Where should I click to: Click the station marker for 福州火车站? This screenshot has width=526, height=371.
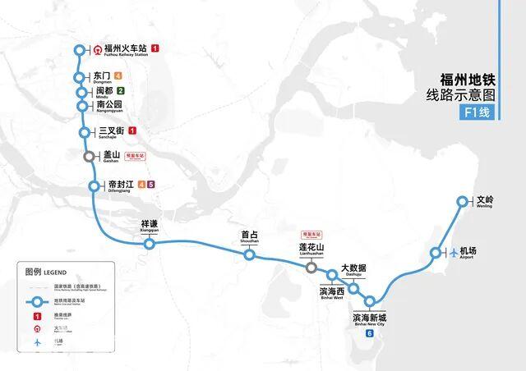pyautogui.click(x=79, y=49)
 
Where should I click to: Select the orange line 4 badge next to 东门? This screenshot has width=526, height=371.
pyautogui.click(x=119, y=76)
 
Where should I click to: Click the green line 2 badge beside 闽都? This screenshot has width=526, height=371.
pyautogui.click(x=120, y=91)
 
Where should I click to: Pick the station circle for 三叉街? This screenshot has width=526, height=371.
pyautogui.click(x=85, y=132)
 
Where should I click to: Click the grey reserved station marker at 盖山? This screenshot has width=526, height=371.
pyautogui.click(x=88, y=156)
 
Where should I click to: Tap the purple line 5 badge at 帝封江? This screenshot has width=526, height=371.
pyautogui.click(x=151, y=184)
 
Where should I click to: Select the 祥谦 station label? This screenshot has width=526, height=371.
pyautogui.click(x=149, y=224)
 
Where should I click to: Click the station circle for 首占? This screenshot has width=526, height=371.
pyautogui.click(x=249, y=255)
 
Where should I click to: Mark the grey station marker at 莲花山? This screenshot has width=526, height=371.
pyautogui.click(x=311, y=267)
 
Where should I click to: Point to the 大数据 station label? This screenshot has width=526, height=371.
pyautogui.click(x=353, y=268)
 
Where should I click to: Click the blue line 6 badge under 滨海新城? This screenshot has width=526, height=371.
pyautogui.click(x=370, y=332)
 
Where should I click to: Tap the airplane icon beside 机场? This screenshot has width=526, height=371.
pyautogui.click(x=452, y=251)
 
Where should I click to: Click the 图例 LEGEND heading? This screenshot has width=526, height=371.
pyautogui.click(x=45, y=271)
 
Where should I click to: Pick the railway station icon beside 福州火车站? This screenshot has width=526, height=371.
pyautogui.click(x=98, y=49)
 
